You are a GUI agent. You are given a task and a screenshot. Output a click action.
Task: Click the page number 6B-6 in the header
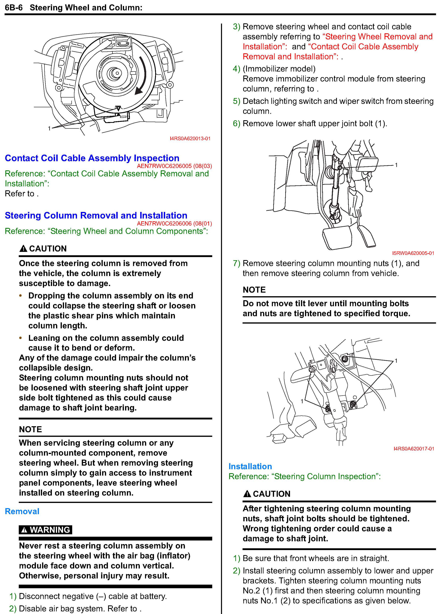[x=14, y=8]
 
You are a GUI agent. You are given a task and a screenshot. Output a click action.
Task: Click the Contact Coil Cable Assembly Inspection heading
[x=92, y=158]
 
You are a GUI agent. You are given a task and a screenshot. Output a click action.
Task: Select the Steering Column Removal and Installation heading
[x=96, y=216]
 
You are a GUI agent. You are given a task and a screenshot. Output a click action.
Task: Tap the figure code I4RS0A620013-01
[x=190, y=139]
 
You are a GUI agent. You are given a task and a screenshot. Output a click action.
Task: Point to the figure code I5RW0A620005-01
[x=413, y=253]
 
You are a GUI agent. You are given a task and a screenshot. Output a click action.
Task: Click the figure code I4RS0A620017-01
[x=413, y=449]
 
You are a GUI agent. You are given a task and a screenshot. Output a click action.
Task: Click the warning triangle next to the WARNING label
[x=24, y=530]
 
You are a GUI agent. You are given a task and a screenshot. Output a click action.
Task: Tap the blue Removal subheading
[x=22, y=511]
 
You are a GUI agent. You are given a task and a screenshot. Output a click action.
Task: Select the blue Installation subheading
[x=250, y=466]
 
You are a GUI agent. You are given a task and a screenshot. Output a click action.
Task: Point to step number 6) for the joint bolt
[x=237, y=124]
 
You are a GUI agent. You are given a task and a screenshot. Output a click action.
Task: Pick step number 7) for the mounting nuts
[x=237, y=263]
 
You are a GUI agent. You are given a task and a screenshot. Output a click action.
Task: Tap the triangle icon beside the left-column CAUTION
[x=24, y=248]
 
